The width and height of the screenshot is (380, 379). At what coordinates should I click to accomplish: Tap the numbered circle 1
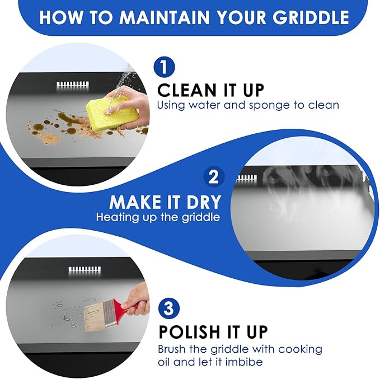164,67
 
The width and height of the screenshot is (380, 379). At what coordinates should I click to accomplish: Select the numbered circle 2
214,177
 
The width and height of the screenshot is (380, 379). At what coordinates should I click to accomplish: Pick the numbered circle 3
168,308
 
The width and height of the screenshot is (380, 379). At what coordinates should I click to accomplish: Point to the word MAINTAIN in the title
164,17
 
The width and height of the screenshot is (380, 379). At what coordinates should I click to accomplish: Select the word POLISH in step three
189,331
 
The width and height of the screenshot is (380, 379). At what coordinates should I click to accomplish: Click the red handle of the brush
125,305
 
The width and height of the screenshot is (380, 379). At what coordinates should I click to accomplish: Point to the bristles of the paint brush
96,316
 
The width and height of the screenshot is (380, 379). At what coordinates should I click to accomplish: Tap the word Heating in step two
116,217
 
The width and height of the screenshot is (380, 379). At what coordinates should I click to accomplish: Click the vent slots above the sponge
73,85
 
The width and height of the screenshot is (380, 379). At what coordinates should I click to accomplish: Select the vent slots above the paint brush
85,269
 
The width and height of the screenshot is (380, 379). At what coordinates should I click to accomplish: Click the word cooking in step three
301,350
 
